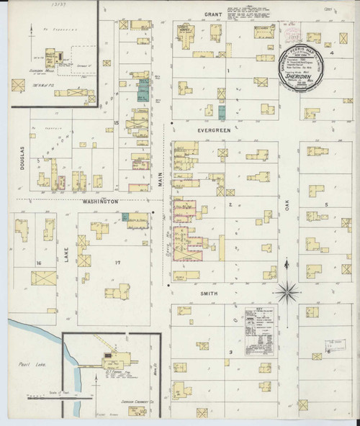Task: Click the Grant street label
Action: pyautogui.click(x=212, y=14)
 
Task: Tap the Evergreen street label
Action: pyautogui.click(x=214, y=130)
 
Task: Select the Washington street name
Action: pyautogui.click(x=100, y=202)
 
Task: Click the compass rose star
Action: pyautogui.click(x=287, y=292)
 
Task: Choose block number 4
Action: pyautogui.click(x=332, y=53)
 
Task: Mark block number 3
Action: pyautogui.click(x=230, y=352)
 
